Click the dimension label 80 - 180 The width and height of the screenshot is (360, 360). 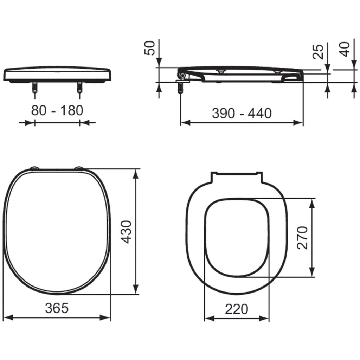57,110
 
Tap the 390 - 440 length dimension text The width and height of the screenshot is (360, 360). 242,113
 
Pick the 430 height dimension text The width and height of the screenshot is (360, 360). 126,232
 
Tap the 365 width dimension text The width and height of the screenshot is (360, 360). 57,308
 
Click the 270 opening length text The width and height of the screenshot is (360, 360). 302,238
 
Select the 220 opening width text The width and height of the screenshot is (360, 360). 237,309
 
